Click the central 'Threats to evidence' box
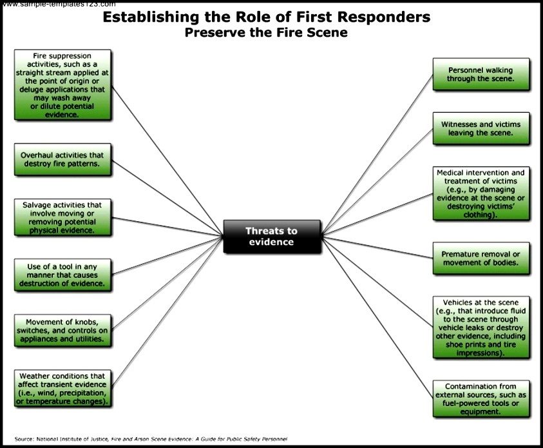(271, 237)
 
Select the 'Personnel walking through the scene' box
(481, 73)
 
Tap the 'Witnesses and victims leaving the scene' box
(481, 128)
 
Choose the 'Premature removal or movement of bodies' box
(481, 258)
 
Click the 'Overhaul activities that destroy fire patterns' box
(62, 159)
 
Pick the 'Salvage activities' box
(62, 217)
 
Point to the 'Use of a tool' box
(62, 274)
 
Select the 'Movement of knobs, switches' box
(62, 329)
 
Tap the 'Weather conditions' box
(62, 388)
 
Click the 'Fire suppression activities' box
(62, 84)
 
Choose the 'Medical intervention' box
(481, 193)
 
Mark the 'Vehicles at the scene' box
(481, 327)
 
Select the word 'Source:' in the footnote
(24, 439)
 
